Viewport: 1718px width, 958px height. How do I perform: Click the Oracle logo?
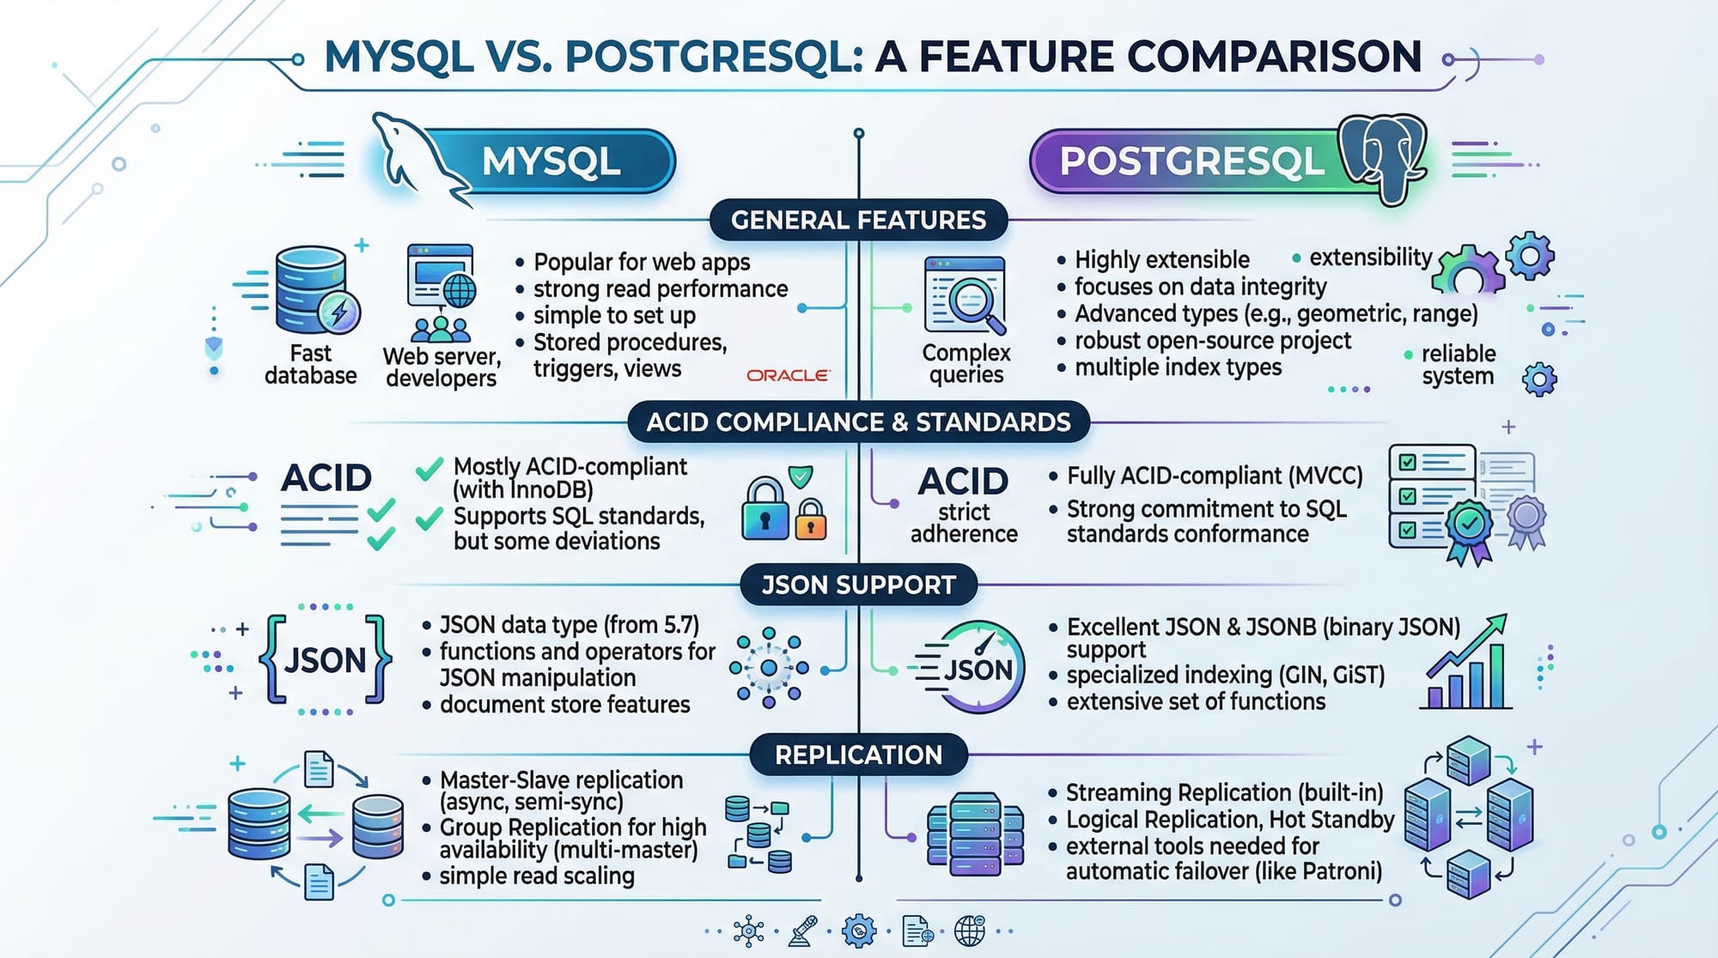click(788, 375)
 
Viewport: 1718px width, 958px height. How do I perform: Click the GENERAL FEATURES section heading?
click(858, 220)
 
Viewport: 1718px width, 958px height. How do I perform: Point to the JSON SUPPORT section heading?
click(858, 585)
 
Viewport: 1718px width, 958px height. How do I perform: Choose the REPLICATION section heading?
click(858, 755)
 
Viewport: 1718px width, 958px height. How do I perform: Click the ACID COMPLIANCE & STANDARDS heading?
click(858, 421)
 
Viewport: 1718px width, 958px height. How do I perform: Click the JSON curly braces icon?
click(325, 659)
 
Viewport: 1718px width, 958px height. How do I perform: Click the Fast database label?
click(310, 365)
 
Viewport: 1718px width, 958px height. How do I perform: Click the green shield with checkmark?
click(801, 476)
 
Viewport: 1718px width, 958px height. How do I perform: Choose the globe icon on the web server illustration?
click(459, 291)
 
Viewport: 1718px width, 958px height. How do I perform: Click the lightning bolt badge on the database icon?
click(339, 312)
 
